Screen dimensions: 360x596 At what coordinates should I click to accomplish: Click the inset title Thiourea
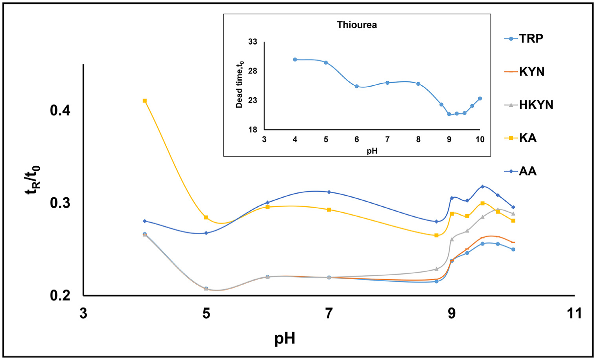point(357,25)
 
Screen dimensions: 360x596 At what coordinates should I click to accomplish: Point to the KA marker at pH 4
point(145,101)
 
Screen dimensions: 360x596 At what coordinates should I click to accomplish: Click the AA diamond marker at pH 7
point(329,192)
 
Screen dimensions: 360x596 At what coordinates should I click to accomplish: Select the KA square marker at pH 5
point(206,218)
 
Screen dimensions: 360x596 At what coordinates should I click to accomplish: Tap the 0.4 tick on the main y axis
point(60,110)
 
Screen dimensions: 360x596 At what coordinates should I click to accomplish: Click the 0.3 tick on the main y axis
point(60,203)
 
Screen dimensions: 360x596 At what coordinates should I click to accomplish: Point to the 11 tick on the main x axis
point(574,313)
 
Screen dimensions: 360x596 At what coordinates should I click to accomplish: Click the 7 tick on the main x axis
point(329,313)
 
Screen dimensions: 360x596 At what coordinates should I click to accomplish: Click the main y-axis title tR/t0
point(32,180)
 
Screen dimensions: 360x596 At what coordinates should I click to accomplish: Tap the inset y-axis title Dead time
point(239,84)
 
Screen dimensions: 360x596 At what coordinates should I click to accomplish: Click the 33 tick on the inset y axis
point(253,42)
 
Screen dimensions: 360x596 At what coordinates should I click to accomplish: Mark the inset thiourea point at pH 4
point(295,60)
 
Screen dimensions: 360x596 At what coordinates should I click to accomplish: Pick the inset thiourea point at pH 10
point(480,98)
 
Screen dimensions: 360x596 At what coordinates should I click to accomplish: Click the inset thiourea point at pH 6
point(357,86)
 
